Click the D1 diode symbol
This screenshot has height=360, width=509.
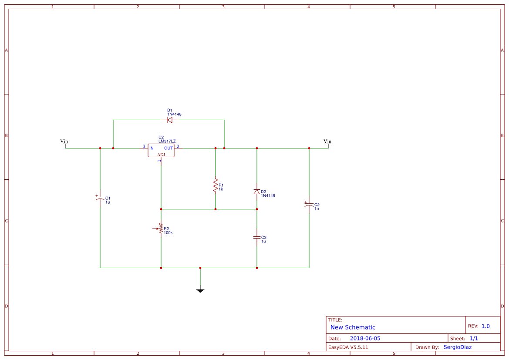coord(170,120)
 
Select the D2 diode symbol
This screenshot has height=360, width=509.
coord(257,192)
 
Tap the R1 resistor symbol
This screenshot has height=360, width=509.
coord(215,185)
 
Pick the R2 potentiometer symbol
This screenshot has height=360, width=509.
coord(161,228)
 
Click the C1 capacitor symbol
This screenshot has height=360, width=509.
coord(100,198)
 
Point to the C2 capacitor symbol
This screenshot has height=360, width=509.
coord(309,205)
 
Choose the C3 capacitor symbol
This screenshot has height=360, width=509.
coord(257,237)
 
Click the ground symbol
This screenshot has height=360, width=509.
coord(200,290)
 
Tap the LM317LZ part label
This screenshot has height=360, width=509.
coord(167,141)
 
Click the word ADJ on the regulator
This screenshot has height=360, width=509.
coord(161,155)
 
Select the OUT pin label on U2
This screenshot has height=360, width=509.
coord(169,148)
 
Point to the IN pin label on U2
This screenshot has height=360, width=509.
coord(152,148)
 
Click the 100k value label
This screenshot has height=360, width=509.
coord(168,232)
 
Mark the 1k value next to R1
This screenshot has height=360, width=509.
coord(221,189)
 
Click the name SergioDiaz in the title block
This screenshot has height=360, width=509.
coord(457,347)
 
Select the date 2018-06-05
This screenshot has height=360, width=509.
coord(365,338)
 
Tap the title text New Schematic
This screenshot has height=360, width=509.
coord(353,327)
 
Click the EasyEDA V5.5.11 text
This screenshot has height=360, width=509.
coord(348,347)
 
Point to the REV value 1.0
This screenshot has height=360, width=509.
coord(485,326)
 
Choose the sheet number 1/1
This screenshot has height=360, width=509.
coord(474,338)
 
